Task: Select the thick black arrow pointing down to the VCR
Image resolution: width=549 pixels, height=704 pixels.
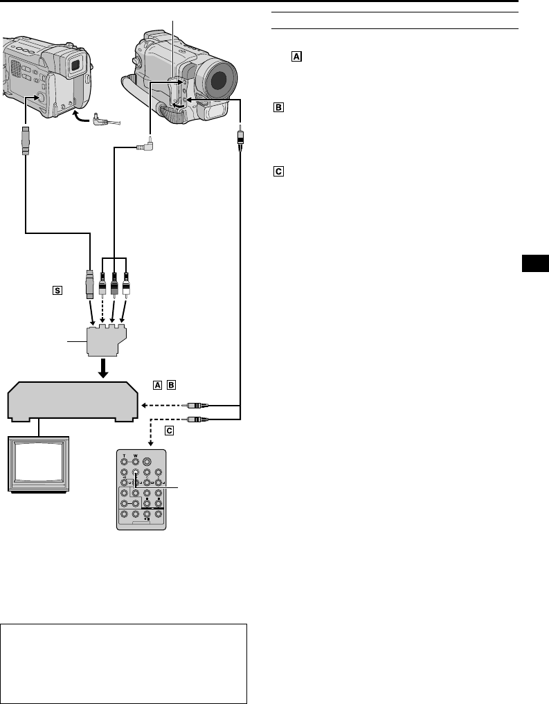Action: pos(105,367)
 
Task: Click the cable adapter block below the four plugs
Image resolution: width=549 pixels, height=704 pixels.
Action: pos(106,339)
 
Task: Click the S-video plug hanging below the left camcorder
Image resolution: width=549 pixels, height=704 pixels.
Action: pos(26,141)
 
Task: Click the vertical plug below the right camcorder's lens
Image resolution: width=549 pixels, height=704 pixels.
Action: pos(240,135)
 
